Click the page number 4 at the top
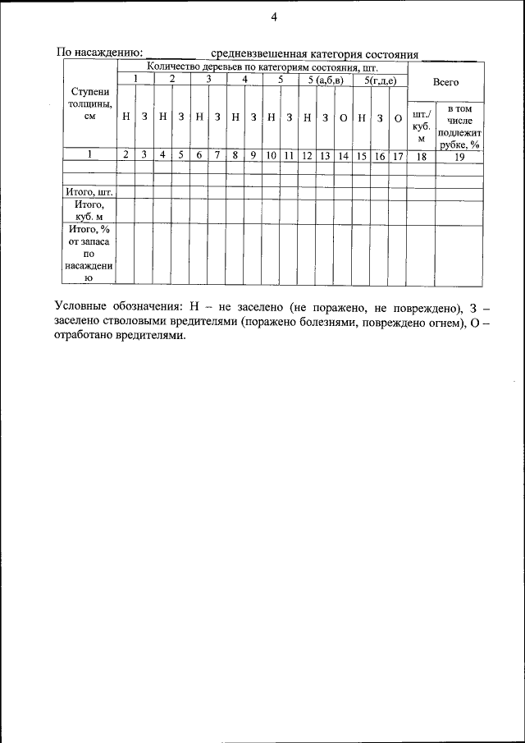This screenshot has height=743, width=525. pos(274,17)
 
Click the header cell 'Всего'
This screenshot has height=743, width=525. pos(445,82)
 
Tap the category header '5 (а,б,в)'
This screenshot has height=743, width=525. pos(325,80)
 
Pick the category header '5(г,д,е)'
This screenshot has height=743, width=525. pos(380,80)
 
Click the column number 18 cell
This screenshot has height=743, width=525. pos(421,154)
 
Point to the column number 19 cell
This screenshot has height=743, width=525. pos(459,154)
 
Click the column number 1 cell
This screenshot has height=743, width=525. pos(89,154)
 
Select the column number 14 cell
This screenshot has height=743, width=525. pos(343,154)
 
